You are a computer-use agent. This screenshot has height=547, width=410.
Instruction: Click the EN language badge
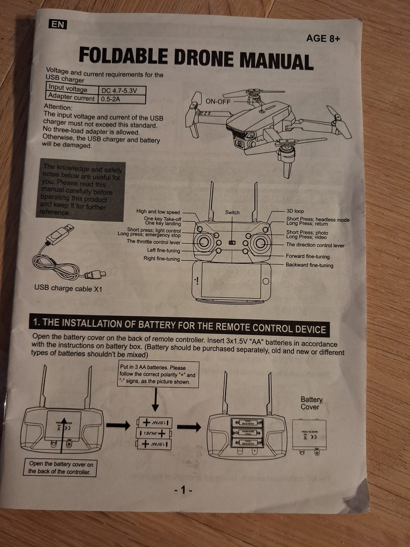57,24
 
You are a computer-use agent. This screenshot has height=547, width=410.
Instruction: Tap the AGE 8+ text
323,38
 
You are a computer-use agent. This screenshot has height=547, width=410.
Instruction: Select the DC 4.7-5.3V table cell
121,91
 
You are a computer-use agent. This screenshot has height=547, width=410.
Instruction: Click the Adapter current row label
71,97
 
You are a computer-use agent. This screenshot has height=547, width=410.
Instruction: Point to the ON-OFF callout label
218,101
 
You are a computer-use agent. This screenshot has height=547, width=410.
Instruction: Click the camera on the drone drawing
240,144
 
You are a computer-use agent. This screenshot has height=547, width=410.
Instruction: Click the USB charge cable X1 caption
68,288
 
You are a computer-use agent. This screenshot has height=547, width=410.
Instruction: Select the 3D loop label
295,211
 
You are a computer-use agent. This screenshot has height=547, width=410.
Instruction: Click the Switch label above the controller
232,212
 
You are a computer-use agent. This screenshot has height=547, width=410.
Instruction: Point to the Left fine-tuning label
164,250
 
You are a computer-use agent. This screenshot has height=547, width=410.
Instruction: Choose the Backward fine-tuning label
309,265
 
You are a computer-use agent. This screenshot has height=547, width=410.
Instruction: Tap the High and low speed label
158,212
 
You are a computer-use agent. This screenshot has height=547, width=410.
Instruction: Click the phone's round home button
266,281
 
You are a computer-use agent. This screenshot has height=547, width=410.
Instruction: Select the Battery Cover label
311,403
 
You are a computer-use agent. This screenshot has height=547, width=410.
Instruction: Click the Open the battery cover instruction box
60,468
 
